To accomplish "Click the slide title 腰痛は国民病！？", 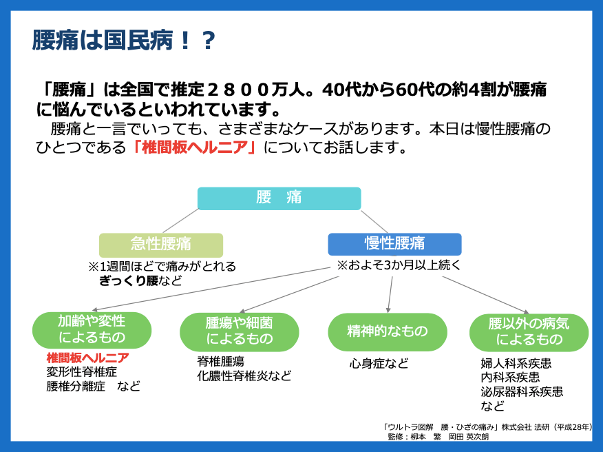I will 124,41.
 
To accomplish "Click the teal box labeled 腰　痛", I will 279,198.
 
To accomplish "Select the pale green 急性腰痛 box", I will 161,245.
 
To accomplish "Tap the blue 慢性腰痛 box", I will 394,244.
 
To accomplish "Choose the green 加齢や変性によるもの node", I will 92,330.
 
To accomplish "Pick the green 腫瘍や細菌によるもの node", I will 240,331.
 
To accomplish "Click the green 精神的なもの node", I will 388,331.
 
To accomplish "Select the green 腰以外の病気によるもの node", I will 529,331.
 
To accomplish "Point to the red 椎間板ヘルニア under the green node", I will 87,358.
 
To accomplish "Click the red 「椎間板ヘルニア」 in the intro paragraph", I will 195,147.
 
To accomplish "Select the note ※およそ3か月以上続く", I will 399,265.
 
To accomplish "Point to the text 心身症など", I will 379,363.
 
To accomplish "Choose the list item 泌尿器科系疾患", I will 522,391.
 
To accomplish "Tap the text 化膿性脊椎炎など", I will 244,376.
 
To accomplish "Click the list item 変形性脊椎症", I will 81,372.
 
